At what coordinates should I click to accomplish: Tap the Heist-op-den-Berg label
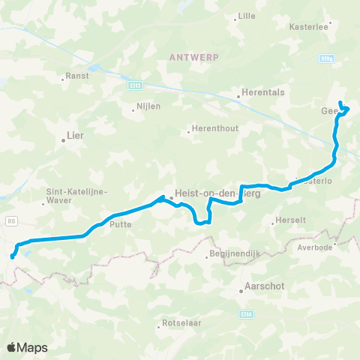[206, 192]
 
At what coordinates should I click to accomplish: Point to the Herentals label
[259, 94]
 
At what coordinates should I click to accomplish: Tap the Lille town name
[247, 16]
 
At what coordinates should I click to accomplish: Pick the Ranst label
[78, 76]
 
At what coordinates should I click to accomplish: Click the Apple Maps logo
[27, 347]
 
